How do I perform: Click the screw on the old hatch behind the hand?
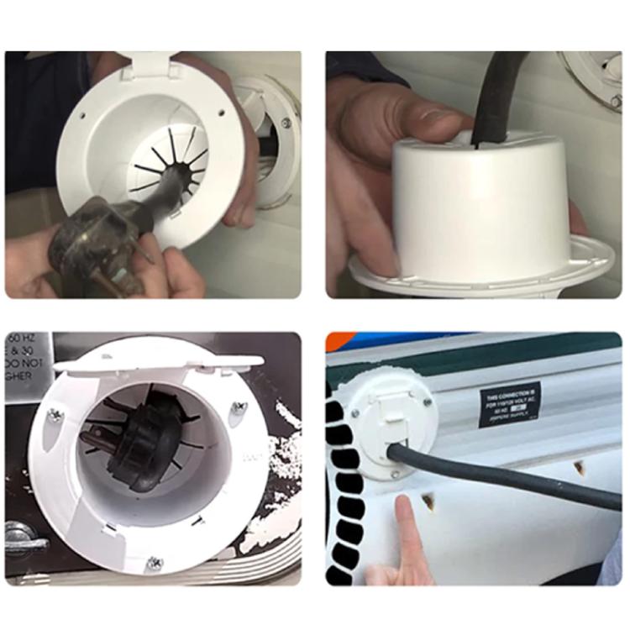pyautogui.click(x=286, y=123)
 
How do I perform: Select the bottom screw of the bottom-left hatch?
pyautogui.click(x=154, y=562)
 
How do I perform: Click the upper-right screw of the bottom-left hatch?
pyautogui.click(x=239, y=407)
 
